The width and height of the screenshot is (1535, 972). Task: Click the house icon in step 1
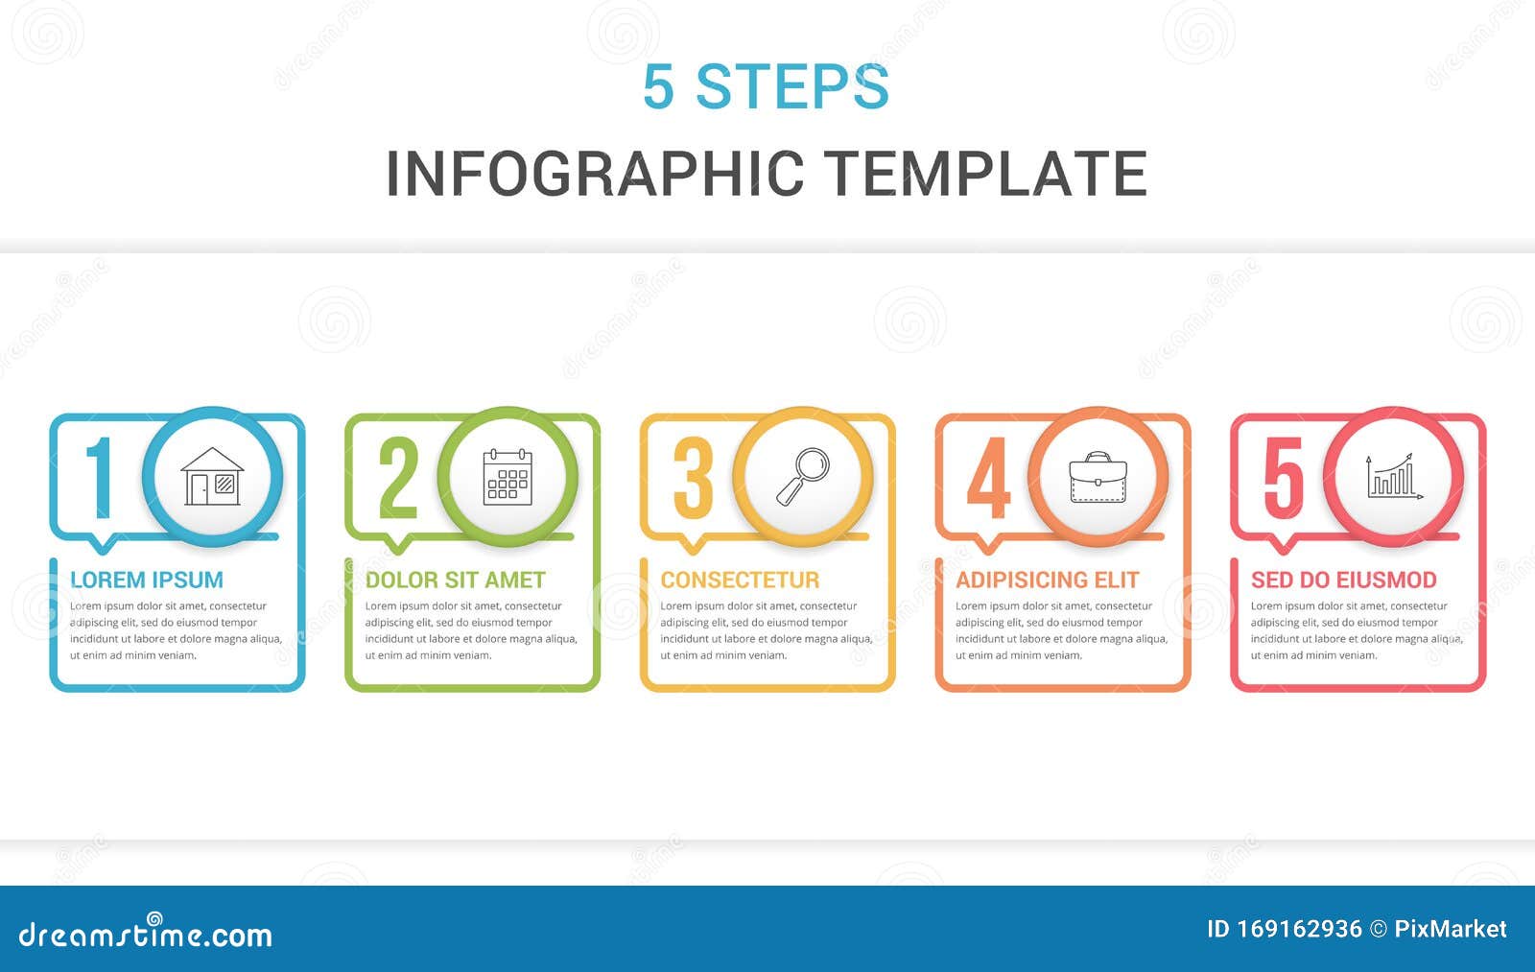coord(212,476)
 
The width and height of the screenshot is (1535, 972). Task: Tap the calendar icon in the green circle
coord(508,476)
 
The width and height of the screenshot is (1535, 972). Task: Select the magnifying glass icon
coord(803,476)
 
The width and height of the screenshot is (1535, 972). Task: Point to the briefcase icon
coord(1098,477)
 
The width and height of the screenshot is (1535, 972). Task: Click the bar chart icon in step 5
coord(1394,476)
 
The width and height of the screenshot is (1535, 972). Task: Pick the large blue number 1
coord(100,477)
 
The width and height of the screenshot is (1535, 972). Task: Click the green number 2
coord(398,477)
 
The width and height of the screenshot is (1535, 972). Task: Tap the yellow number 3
coord(693,477)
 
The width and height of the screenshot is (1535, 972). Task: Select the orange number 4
coord(988,477)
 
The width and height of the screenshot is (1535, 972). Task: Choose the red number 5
coord(1283,477)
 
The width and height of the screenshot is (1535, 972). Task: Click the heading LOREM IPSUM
coord(147,580)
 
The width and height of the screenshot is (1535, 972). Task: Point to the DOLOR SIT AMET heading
coord(455,580)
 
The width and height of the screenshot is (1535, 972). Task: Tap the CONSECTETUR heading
coord(740,580)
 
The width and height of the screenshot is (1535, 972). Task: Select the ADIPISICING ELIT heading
coord(1047,580)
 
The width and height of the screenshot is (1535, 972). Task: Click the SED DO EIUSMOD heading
coord(1343,580)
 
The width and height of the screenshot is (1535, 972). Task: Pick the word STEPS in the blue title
coord(792,86)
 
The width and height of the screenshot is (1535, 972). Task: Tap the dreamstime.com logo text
coord(146,934)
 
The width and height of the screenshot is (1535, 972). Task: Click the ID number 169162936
coord(1299,929)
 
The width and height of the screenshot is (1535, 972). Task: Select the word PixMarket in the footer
coord(1450,929)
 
